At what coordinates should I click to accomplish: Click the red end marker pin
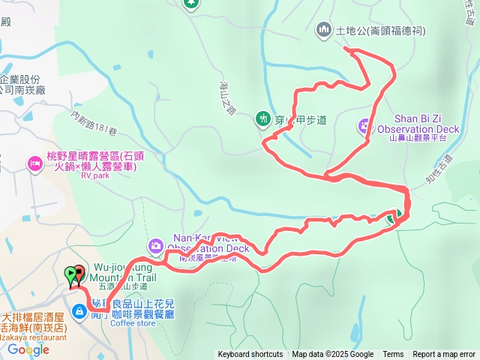pyautogui.click(x=79, y=274)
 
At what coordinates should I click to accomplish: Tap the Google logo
pyautogui.click(x=28, y=349)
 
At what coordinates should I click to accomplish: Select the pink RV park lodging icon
pyautogui.click(x=34, y=163)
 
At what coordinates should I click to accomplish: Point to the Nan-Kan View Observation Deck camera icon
pyautogui.click(x=155, y=244)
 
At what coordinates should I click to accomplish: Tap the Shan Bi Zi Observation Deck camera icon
pyautogui.click(x=365, y=126)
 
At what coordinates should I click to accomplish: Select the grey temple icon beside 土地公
pyautogui.click(x=324, y=30)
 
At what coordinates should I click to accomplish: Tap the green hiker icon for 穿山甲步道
pyautogui.click(x=262, y=117)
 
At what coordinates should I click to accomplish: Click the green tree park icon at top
pyautogui.click(x=190, y=3)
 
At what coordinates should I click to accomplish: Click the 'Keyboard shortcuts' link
pyautogui.click(x=250, y=355)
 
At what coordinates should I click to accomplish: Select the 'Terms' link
pyautogui.click(x=393, y=355)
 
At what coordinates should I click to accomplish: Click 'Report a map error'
pyautogui.click(x=444, y=355)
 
